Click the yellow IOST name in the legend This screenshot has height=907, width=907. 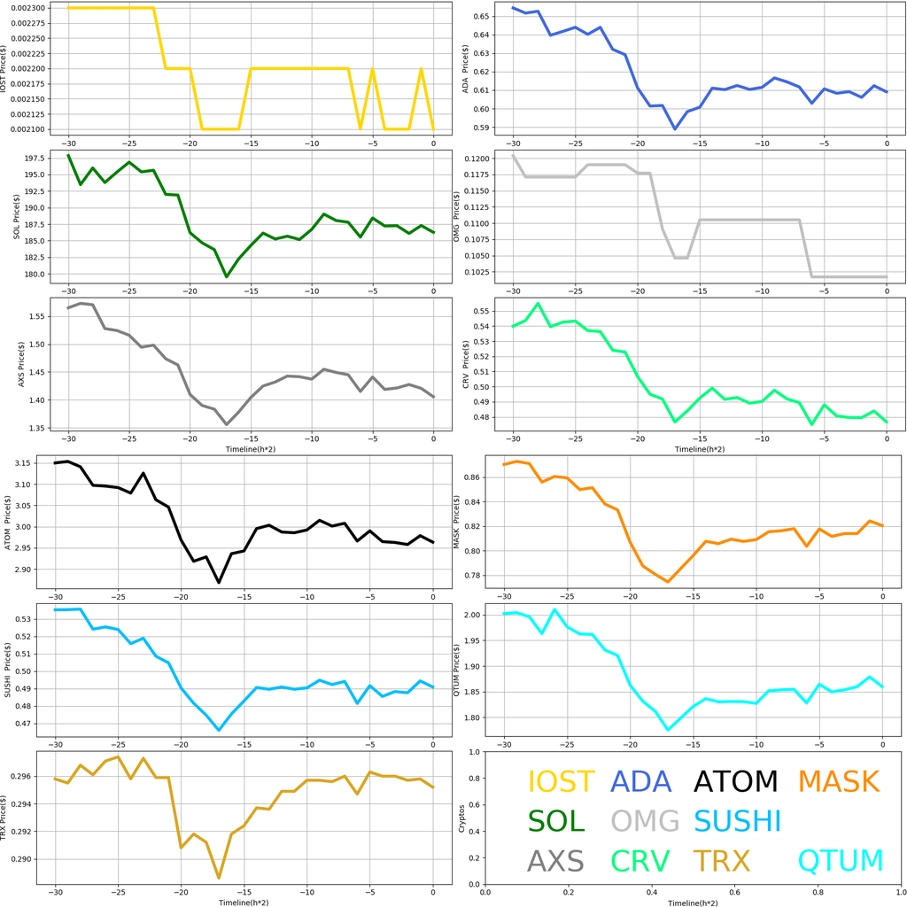point(561,782)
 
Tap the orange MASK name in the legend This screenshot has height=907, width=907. point(838,782)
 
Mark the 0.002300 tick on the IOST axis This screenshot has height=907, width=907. point(32,8)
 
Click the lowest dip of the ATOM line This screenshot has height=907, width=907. point(219,582)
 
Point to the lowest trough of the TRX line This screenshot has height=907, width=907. point(219,878)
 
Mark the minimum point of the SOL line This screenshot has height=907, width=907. point(226,276)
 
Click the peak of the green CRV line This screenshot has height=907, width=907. point(538,304)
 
